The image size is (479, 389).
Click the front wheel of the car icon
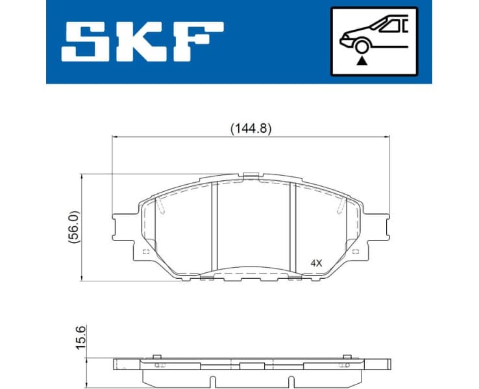(362, 45)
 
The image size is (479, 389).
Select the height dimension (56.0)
(74, 226)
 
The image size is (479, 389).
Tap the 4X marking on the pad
(316, 263)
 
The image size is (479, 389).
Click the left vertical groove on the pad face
(214, 227)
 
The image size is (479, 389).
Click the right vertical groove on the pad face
(295, 227)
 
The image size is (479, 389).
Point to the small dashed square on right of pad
(354, 252)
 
